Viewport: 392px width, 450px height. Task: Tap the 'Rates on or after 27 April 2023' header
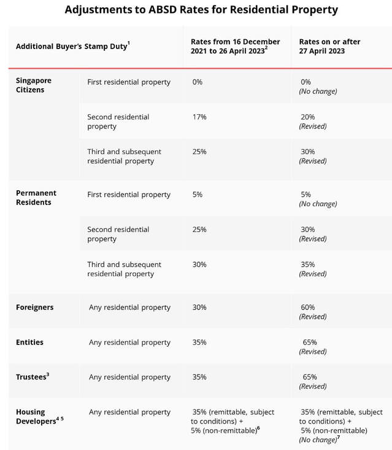tap(329, 46)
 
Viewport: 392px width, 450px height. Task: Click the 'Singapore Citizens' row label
tap(34, 85)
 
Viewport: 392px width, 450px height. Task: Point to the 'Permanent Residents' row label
tap(36, 198)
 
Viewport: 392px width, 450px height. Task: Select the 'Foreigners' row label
tap(35, 307)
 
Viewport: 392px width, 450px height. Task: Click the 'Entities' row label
tap(29, 342)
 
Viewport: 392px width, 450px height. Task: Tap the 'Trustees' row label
tap(33, 376)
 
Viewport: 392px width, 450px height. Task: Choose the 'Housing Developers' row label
tap(40, 416)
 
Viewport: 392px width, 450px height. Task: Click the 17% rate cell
tap(199, 117)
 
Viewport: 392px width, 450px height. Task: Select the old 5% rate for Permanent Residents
tap(198, 195)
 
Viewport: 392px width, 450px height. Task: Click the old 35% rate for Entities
tap(199, 343)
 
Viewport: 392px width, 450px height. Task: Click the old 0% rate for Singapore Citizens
tap(198, 82)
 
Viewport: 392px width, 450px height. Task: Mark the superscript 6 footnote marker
tap(258, 428)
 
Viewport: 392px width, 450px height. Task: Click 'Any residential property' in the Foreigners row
tap(129, 308)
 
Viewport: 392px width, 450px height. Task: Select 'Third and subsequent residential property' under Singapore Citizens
tap(124, 157)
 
